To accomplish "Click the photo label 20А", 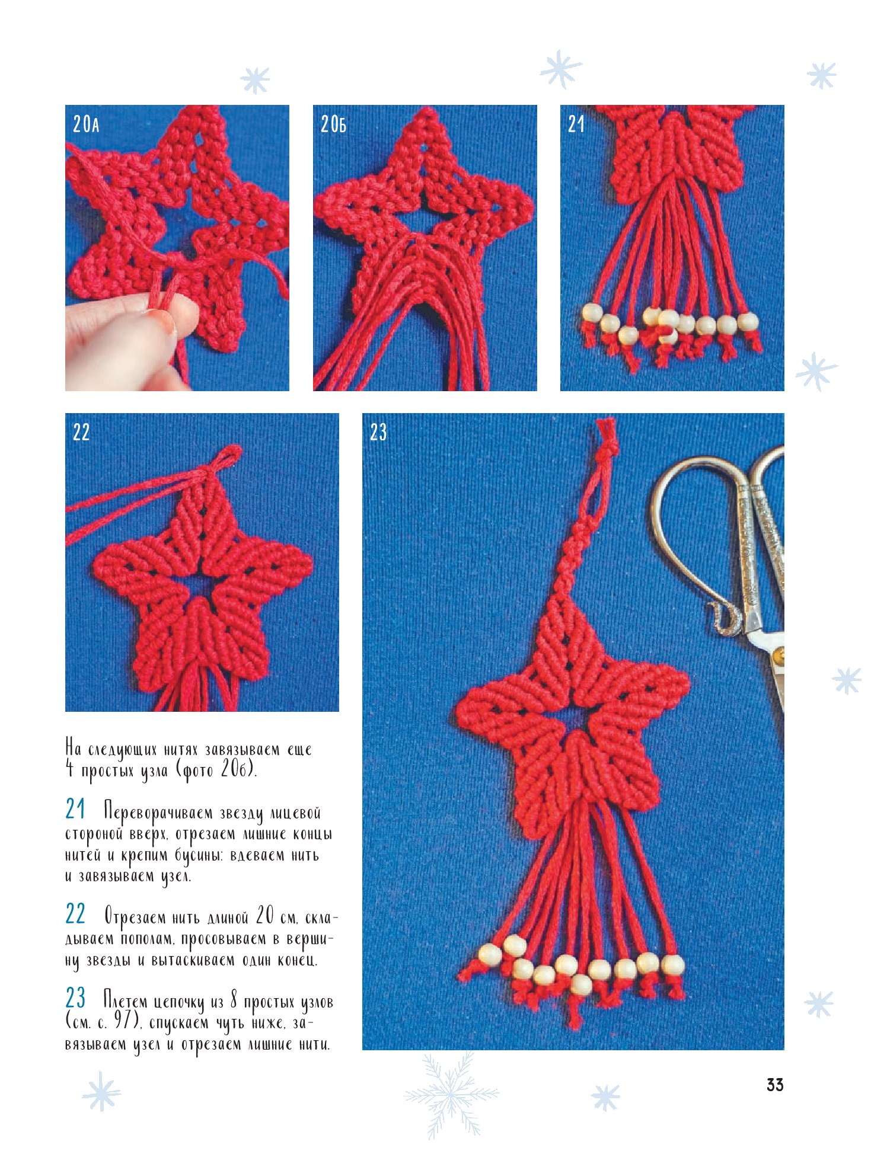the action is tap(86, 124).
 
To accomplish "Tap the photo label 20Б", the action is tap(333, 124).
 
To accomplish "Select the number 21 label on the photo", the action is tap(576, 124).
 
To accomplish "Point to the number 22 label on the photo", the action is tap(81, 432).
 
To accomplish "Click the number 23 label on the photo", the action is tap(378, 432).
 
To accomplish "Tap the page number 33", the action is tap(775, 1085).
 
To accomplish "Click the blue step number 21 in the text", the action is tap(75, 810).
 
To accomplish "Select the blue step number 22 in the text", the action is tap(75, 915).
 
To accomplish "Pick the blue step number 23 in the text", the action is tap(75, 999).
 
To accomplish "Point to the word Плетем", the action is tap(126, 1002).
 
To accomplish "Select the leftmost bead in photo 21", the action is tap(591, 313).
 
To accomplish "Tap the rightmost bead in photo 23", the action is tap(673, 965).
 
